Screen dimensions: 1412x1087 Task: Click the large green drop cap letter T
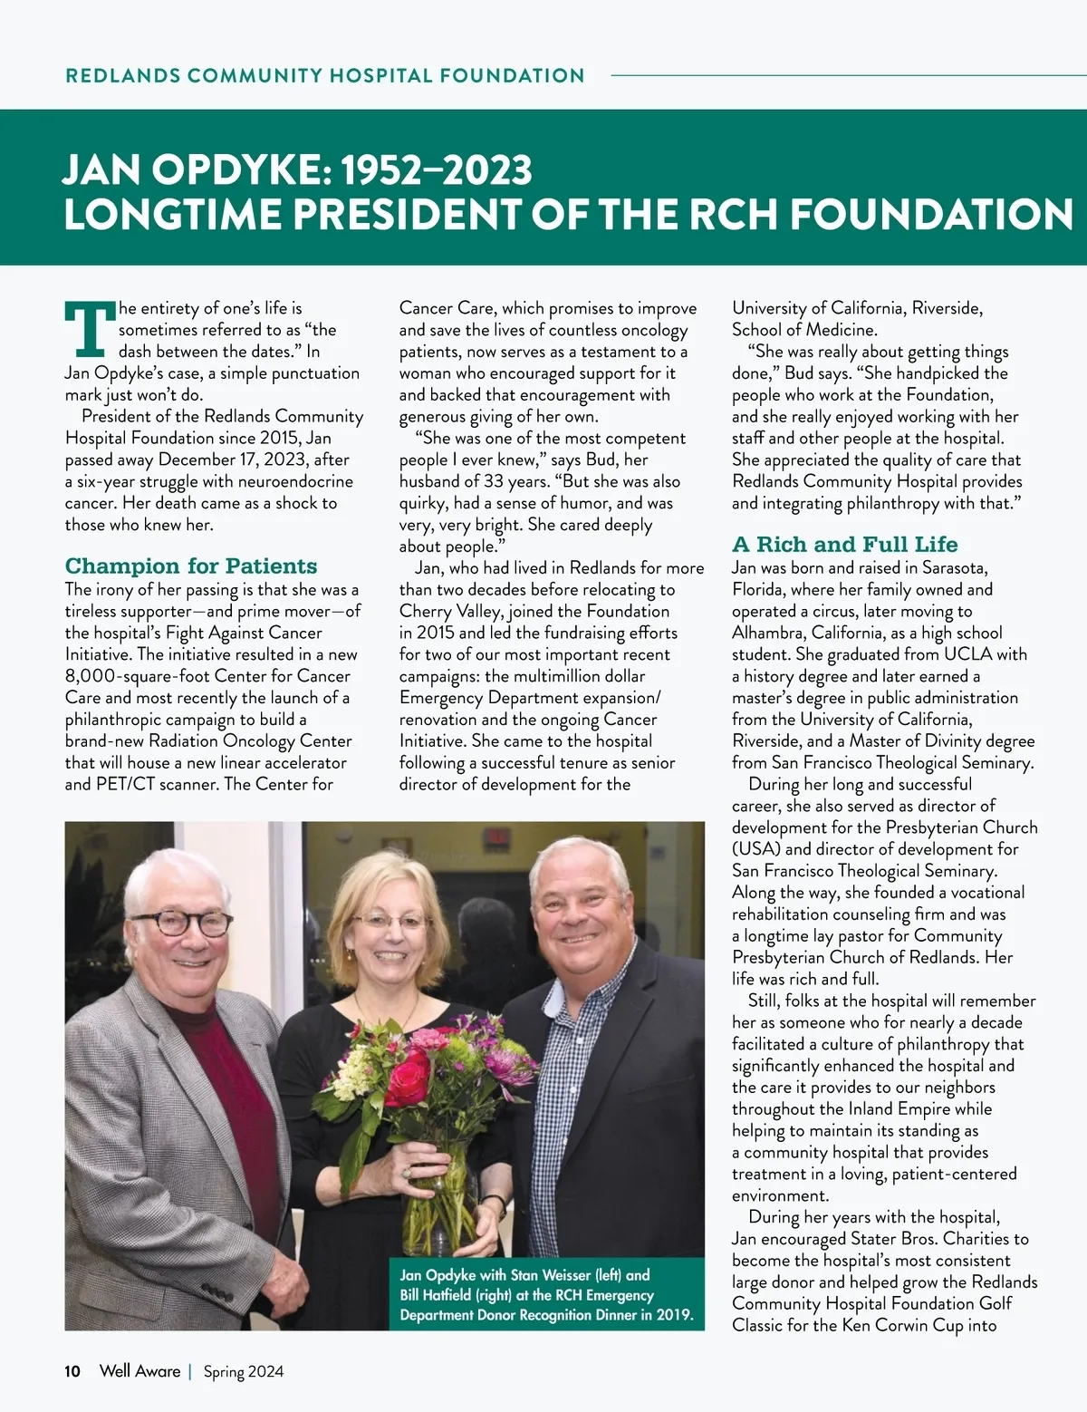(x=90, y=329)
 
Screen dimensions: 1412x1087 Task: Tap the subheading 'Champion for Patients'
(x=191, y=566)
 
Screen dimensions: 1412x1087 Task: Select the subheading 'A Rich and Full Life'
(x=844, y=545)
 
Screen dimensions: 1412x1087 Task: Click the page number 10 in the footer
(x=72, y=1371)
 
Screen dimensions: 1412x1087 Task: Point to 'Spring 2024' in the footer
(x=243, y=1372)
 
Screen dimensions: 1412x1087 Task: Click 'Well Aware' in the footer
(x=139, y=1371)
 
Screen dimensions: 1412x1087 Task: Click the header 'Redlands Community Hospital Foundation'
(x=325, y=76)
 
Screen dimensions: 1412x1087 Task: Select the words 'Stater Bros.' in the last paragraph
(x=938, y=1239)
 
